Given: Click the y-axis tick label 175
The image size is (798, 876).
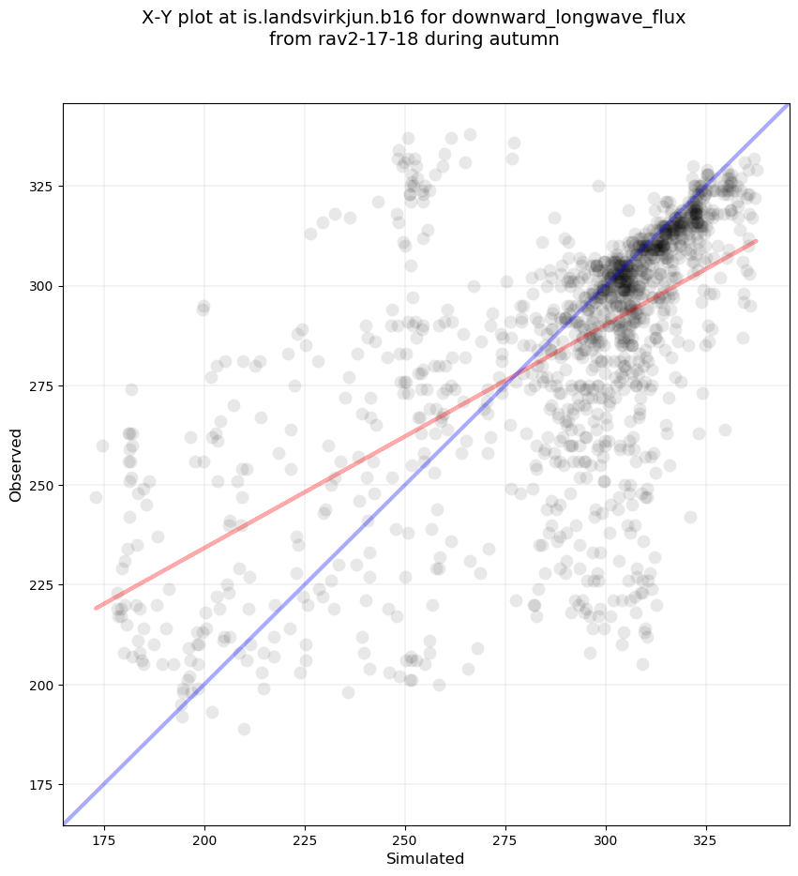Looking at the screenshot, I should pos(41,785).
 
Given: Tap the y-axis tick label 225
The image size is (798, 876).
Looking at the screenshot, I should pos(41,585).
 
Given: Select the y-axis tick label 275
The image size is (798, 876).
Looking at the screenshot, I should pos(41,385).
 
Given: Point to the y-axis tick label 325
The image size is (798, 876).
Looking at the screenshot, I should pos(41,186).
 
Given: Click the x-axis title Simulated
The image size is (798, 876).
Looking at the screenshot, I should pos(426,858).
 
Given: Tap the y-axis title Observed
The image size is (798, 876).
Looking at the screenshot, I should pos(16,464).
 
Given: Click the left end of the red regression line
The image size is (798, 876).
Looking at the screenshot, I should pos(96,608).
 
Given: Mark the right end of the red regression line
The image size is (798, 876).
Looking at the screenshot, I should pos(756,241).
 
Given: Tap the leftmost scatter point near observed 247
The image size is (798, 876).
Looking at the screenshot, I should pos(96,497).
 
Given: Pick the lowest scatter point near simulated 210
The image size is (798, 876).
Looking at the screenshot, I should pos(244,729).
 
